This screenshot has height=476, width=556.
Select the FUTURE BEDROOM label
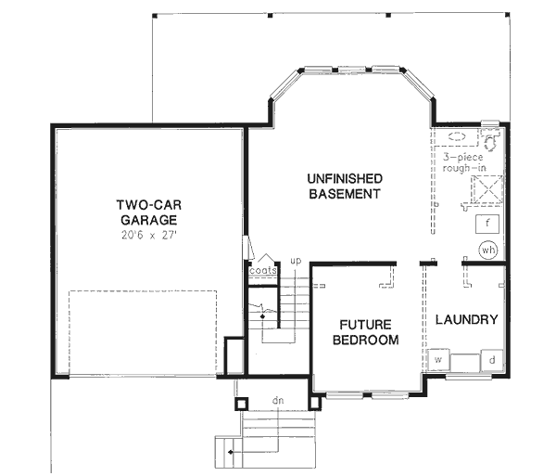point(367,333)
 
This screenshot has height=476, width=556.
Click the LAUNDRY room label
point(466,319)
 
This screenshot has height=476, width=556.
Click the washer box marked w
point(438,359)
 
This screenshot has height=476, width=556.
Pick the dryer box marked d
point(492,359)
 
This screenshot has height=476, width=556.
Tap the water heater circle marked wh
point(488,251)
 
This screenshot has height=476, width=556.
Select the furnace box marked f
point(487,224)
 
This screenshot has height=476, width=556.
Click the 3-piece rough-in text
point(467,162)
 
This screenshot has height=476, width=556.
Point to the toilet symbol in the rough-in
point(490,137)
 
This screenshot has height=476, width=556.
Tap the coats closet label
point(263,271)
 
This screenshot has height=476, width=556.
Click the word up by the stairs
point(296,262)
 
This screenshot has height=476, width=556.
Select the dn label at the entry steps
point(277,401)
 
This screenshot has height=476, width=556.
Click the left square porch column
point(241,404)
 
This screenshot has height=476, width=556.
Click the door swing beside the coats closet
point(248,248)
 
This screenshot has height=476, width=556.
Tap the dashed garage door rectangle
point(143,333)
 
